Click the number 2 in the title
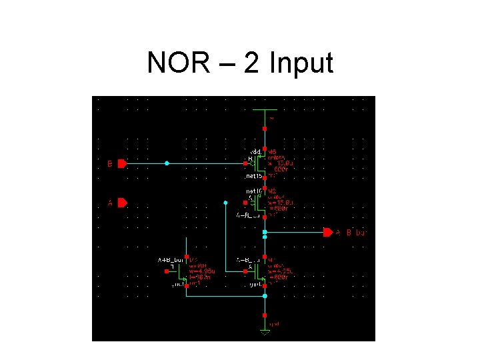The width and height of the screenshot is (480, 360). (252, 63)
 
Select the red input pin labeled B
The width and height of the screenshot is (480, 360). (121, 163)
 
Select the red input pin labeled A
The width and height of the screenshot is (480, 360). (121, 203)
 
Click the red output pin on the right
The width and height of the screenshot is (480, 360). (327, 233)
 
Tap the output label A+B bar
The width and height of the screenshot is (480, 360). (350, 233)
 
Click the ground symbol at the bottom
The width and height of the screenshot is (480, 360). (265, 331)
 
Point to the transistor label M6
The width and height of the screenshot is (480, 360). (272, 151)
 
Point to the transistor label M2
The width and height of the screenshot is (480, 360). (272, 191)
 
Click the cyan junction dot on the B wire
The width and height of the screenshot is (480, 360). (167, 163)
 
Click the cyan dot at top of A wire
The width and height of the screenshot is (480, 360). (226, 202)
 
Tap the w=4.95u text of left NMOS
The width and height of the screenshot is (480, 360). (201, 271)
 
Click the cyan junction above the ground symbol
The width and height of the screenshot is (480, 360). (265, 295)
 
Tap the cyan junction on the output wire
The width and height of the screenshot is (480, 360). (265, 232)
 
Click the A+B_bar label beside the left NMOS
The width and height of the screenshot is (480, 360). (170, 259)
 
